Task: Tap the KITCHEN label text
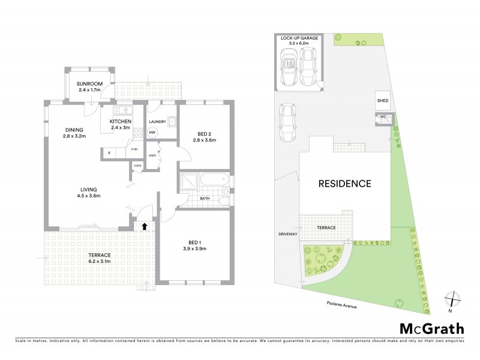tap(120, 122)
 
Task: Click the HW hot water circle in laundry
tap(152, 131)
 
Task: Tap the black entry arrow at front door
tap(144, 226)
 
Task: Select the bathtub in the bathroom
tap(213, 179)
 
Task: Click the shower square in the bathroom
tap(188, 179)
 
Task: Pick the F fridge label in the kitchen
tap(109, 153)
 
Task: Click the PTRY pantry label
tap(135, 149)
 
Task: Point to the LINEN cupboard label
tap(152, 155)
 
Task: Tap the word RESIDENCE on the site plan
tap(344, 184)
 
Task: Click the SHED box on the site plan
tap(382, 101)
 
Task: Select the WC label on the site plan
tap(382, 116)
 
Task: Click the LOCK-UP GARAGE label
tap(299, 38)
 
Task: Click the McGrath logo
tap(432, 328)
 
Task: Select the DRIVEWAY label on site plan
tap(289, 233)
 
